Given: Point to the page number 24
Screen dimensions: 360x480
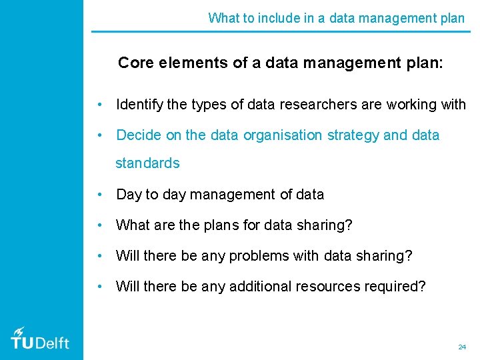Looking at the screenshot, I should coord(462,347).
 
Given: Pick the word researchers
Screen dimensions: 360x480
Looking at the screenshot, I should coord(301,105).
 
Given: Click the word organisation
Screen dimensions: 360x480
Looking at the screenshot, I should coord(283,135).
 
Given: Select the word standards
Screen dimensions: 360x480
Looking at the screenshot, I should coord(147,163).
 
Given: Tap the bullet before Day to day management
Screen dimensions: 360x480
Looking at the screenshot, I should coord(99,195).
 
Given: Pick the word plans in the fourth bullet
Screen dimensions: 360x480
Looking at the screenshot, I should coord(221,225).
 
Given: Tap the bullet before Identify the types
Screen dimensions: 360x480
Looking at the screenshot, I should coord(99,105).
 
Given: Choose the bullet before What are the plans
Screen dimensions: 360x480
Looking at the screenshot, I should coord(99,226).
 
